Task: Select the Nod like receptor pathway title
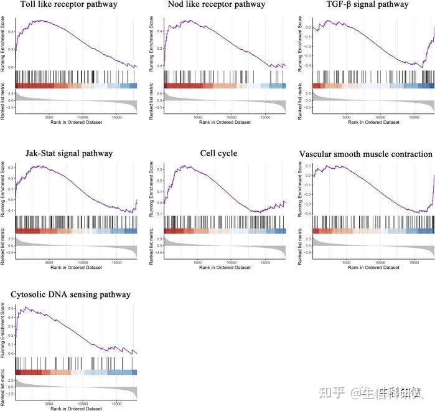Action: click(217, 5)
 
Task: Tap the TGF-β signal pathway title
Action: click(367, 5)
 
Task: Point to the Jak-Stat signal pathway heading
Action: click(69, 154)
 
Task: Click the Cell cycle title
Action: click(218, 154)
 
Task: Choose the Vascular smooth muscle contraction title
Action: click(365, 154)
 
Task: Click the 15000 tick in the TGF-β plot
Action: click(414, 116)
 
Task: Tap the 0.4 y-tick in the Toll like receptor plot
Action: click(11, 30)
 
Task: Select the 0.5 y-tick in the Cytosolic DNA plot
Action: click(11, 309)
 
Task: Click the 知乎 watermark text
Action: click(330, 393)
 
